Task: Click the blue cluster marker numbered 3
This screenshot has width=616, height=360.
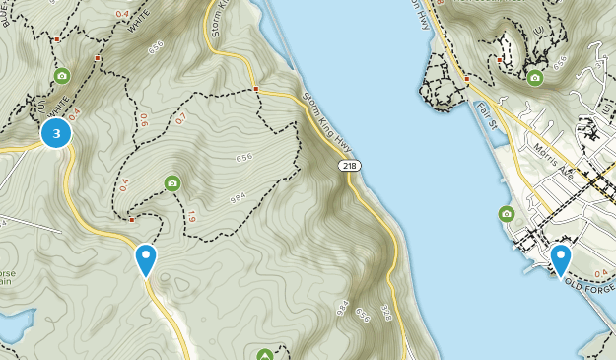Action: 56,133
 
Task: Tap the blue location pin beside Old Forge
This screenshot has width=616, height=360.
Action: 561,260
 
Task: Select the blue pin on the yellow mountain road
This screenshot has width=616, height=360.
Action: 146,259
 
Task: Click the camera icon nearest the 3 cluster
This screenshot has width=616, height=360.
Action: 61,76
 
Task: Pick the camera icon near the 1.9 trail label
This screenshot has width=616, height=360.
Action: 172,182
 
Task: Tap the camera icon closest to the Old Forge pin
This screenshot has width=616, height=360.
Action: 506,213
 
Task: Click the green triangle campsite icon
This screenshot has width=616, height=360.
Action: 264,354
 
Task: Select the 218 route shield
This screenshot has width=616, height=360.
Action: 350,166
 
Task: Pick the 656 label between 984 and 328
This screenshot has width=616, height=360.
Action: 364,314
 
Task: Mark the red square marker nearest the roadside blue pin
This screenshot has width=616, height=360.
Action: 131,220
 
